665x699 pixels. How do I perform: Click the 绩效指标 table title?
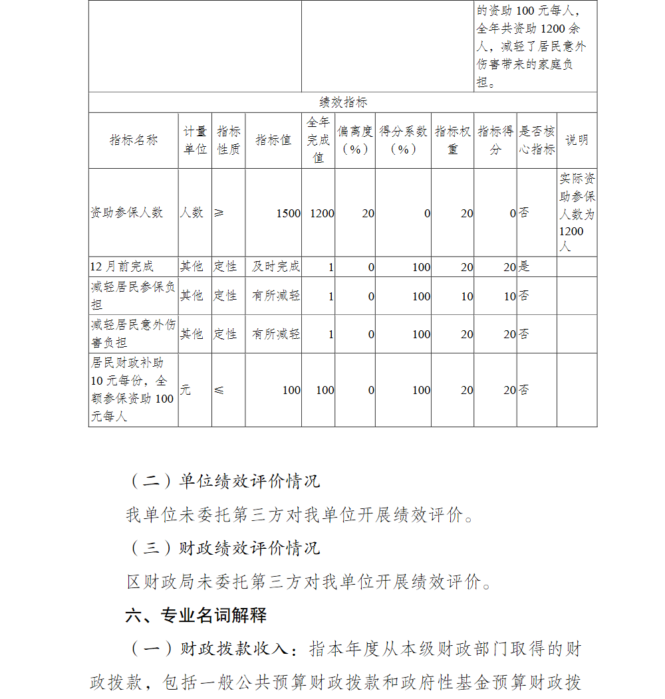tap(342, 102)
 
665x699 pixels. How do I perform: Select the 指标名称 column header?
tap(134, 140)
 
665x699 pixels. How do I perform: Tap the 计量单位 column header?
tap(195, 140)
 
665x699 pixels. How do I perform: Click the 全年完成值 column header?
tap(318, 140)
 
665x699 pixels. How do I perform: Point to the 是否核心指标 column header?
tap(537, 140)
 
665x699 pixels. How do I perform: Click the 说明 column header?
tap(577, 140)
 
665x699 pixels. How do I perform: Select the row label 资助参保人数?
tap(127, 213)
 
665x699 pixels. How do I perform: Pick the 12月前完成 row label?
tap(122, 266)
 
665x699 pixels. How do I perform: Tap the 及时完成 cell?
tap(276, 266)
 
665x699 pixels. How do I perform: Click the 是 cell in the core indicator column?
tap(524, 266)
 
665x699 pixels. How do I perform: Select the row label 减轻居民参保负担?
tap(133, 296)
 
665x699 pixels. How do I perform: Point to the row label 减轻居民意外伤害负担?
tap(133, 334)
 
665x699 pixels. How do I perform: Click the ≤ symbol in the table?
tap(219, 390)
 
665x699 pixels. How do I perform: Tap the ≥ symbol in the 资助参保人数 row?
tap(219, 213)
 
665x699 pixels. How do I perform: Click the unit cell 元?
tap(185, 390)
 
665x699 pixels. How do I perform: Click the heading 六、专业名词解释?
tap(196, 615)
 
